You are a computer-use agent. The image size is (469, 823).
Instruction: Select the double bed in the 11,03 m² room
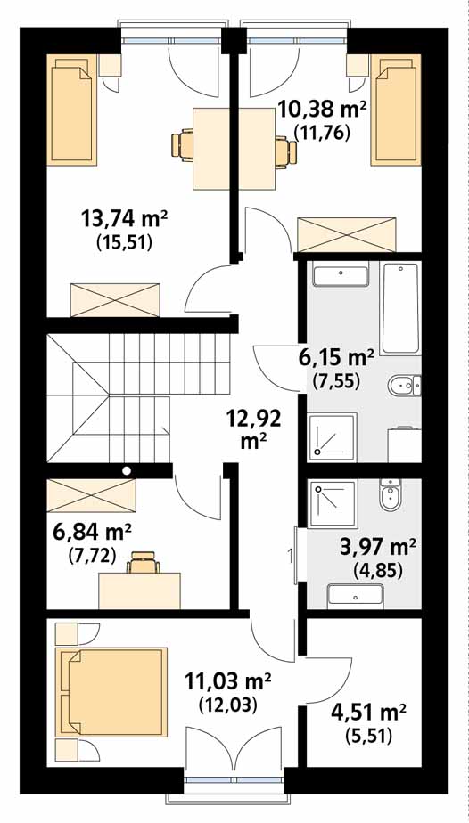tap(114, 692)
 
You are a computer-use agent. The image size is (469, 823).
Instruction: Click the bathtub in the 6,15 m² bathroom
tap(400, 307)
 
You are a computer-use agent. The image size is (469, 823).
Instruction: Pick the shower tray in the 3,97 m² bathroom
tap(333, 503)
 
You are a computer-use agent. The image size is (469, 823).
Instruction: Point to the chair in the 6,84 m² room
tap(143, 563)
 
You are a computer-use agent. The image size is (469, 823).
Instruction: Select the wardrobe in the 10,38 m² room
tap(346, 234)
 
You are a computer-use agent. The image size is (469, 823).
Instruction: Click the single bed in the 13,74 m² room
tap(72, 110)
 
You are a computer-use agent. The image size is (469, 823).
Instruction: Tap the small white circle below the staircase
tap(126, 470)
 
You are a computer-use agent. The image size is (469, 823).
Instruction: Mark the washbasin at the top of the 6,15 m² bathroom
tap(341, 276)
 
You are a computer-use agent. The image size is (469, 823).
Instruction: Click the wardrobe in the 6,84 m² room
tap(91, 495)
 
